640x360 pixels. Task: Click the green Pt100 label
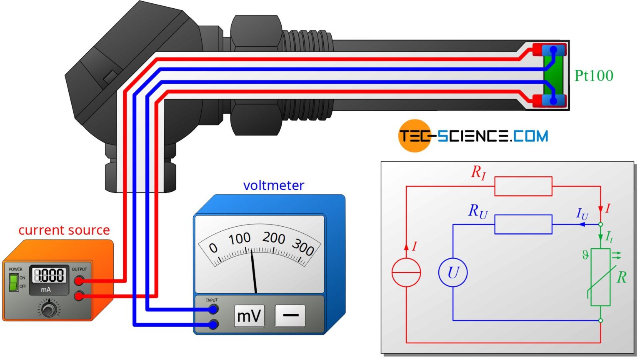594,76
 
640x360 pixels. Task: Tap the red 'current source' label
64,230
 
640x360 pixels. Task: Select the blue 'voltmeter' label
273,185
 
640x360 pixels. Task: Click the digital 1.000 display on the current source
49,275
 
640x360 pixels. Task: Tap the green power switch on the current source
13,282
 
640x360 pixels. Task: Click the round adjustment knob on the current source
49,310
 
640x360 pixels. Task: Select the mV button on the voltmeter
249,316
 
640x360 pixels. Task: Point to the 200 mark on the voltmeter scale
274,238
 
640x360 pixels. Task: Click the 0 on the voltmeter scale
213,248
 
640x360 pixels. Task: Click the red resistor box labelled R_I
523,186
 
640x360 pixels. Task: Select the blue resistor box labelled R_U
523,225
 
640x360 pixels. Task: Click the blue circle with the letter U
453,272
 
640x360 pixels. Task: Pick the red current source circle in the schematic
406,272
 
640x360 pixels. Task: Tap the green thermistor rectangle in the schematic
600,277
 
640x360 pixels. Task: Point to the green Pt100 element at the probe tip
554,76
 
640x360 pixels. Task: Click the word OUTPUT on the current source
79,269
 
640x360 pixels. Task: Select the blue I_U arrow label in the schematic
582,214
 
